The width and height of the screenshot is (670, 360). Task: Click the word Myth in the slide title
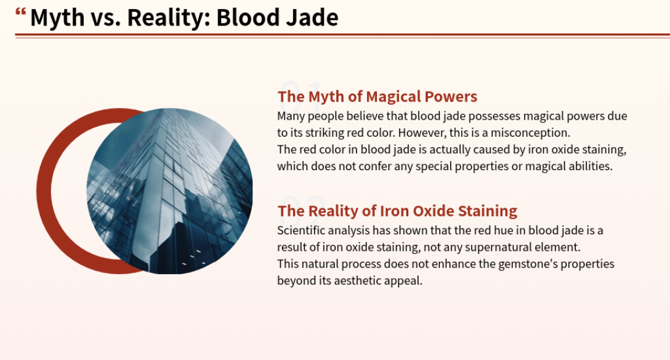[x=58, y=18]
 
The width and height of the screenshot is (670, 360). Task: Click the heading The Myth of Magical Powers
[x=378, y=97]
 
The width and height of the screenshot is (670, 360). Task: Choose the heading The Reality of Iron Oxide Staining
[x=397, y=211]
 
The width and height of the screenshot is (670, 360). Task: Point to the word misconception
[x=530, y=133]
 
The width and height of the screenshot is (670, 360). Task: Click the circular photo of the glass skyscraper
[x=169, y=191]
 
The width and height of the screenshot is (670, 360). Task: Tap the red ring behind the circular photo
[x=44, y=191]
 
